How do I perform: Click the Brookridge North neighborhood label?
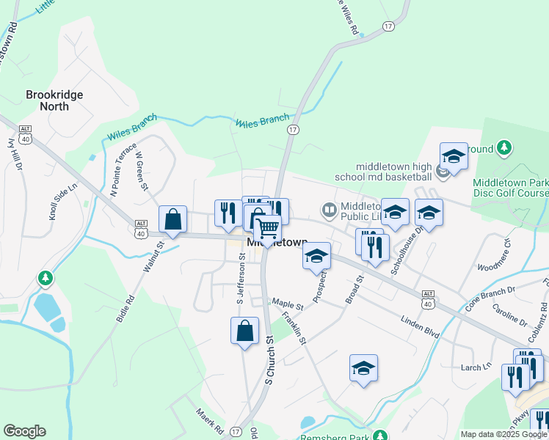pyautogui.click(x=54, y=100)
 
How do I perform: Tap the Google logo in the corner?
pyautogui.click(x=24, y=431)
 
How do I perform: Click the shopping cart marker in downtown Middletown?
pyautogui.click(x=268, y=229)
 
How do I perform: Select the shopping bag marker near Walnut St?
pyautogui.click(x=172, y=219)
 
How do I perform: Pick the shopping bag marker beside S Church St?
pyautogui.click(x=244, y=331)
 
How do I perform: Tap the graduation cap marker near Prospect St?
pyautogui.click(x=316, y=256)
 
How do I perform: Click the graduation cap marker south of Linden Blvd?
pyautogui.click(x=363, y=368)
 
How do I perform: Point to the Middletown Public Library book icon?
pyautogui.click(x=330, y=211)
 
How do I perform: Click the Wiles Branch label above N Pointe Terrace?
pyautogui.click(x=132, y=126)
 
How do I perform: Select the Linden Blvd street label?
pyautogui.click(x=420, y=328)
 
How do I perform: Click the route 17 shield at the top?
pyautogui.click(x=388, y=26)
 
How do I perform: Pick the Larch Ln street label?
pyautogui.click(x=476, y=367)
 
